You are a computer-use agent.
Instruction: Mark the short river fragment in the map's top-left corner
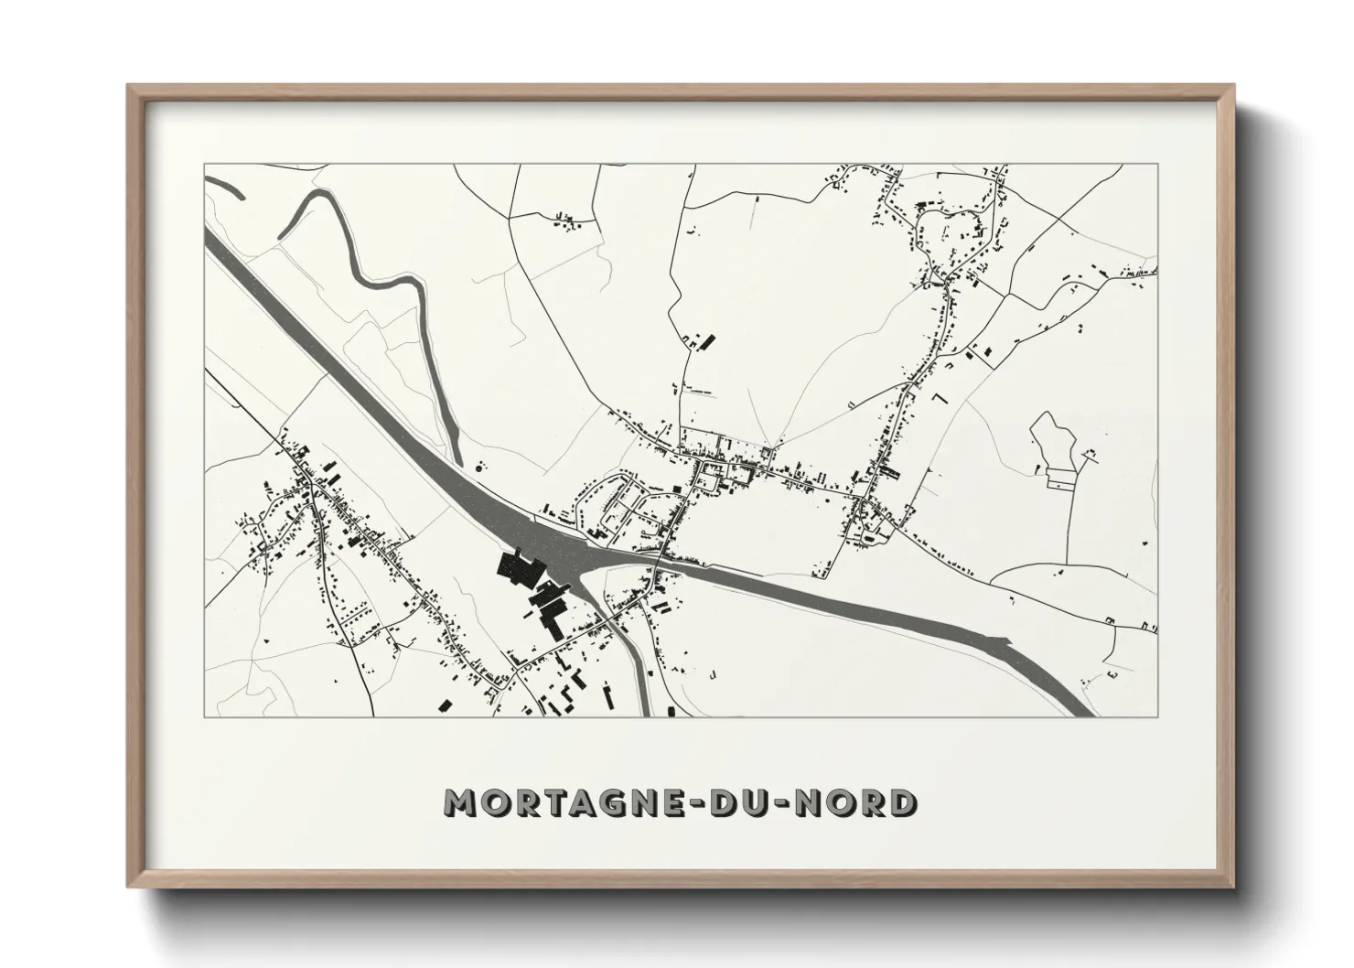[x=225, y=187]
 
